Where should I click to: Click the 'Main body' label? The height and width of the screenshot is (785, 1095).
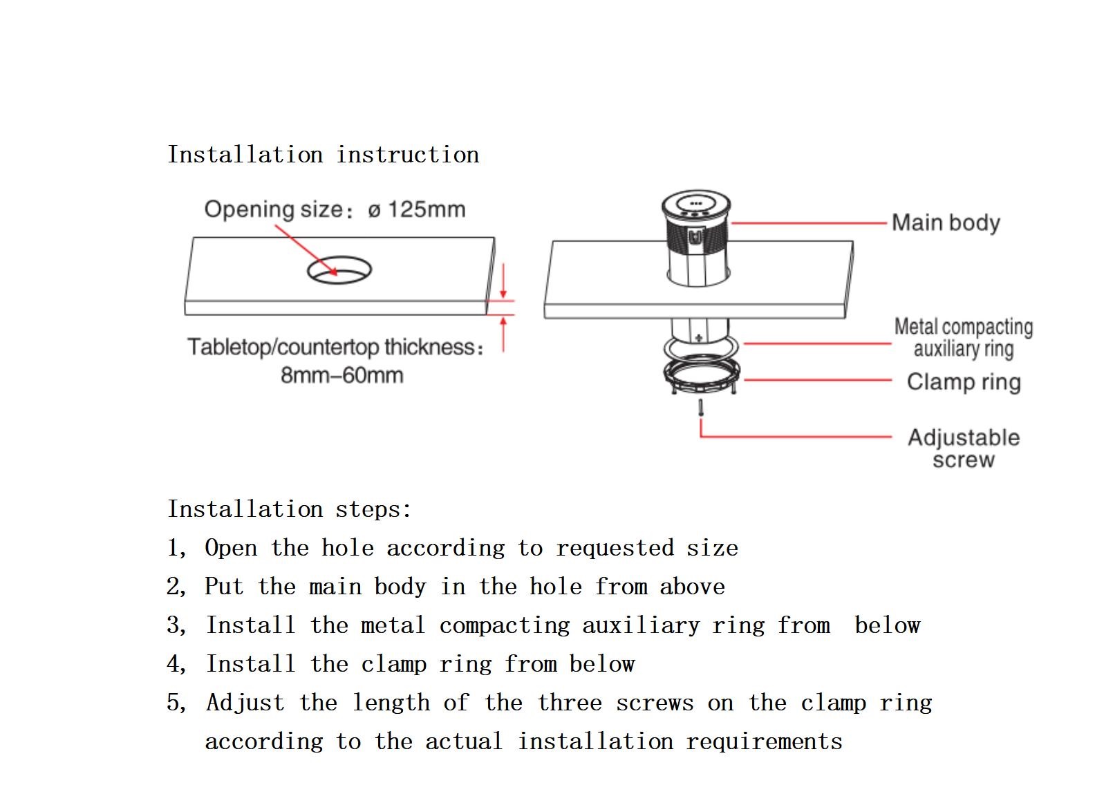click(x=946, y=223)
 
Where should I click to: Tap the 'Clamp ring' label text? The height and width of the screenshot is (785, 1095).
click(x=964, y=382)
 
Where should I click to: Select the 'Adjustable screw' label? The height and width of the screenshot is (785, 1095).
click(x=964, y=448)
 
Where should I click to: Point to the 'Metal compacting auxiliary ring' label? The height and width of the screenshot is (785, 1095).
click(x=964, y=337)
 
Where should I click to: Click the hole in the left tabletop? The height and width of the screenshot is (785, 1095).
click(x=339, y=270)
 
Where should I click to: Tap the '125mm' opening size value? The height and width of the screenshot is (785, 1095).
click(x=427, y=209)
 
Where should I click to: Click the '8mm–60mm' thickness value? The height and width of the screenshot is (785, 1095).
click(x=341, y=376)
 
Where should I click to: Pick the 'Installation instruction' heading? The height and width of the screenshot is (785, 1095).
click(x=324, y=155)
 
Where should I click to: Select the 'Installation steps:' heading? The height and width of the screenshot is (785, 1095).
click(x=290, y=509)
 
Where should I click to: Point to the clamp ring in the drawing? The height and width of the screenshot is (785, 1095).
click(x=702, y=377)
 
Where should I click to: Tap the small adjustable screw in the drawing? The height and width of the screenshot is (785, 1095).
click(x=701, y=408)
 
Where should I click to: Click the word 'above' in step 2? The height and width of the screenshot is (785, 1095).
click(x=692, y=587)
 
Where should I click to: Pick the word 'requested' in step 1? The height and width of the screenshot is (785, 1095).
click(x=615, y=548)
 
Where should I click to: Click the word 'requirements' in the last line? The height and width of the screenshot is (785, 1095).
click(x=764, y=741)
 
